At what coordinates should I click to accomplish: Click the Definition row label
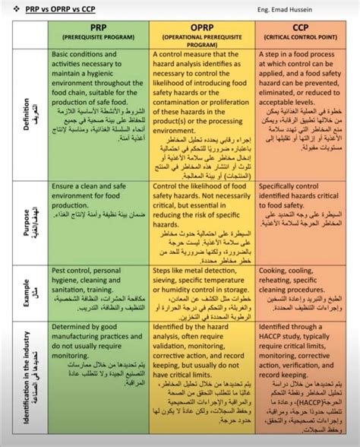pos(27,114)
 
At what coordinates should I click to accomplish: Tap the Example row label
pos(27,293)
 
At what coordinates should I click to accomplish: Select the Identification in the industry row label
pos(27,380)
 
